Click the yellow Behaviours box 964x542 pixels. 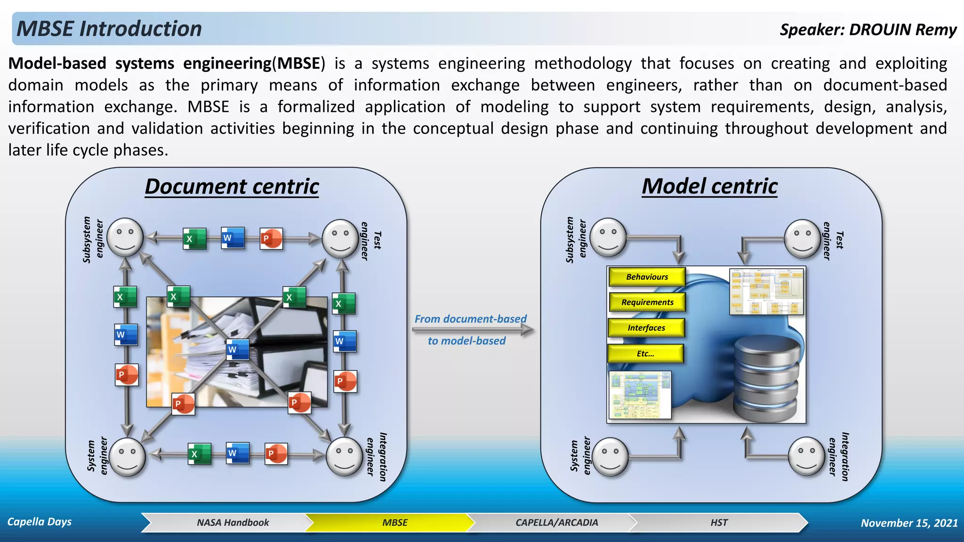click(x=647, y=277)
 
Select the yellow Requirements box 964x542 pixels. click(x=647, y=303)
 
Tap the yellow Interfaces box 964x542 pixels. click(x=646, y=328)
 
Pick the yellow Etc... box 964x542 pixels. click(x=645, y=354)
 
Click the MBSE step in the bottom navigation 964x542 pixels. click(x=394, y=523)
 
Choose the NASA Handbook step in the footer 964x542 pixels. click(x=233, y=523)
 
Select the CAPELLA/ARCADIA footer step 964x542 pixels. click(x=556, y=523)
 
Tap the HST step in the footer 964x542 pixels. click(x=719, y=523)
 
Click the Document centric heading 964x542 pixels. click(x=232, y=186)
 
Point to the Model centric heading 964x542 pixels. click(x=709, y=186)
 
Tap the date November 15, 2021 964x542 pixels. click(x=909, y=523)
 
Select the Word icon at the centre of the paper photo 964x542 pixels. click(x=237, y=350)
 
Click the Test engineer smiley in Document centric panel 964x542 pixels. click(x=340, y=239)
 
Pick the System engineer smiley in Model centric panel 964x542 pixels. click(x=610, y=456)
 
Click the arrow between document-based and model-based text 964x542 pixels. click(x=473, y=330)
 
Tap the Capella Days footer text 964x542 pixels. click(x=40, y=522)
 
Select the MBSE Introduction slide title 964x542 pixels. click(x=109, y=29)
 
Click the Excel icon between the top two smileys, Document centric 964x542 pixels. click(x=194, y=239)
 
